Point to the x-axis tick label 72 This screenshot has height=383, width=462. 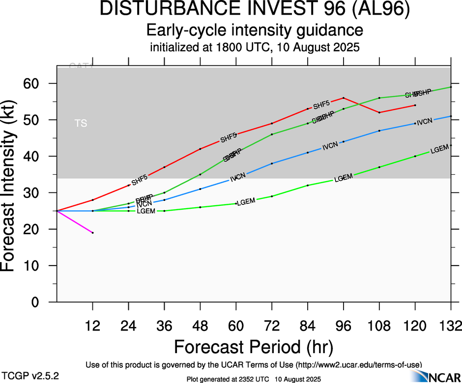pyautogui.click(x=272, y=326)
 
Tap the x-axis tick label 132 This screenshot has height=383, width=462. pyautogui.click(x=449, y=326)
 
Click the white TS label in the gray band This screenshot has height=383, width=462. pyautogui.click(x=81, y=123)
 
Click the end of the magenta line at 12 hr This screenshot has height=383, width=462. pyautogui.click(x=92, y=233)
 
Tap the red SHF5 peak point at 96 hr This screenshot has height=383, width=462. pyautogui.click(x=344, y=98)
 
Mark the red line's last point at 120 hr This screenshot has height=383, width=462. pyautogui.click(x=415, y=105)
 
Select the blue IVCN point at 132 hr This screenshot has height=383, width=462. pyautogui.click(x=451, y=116)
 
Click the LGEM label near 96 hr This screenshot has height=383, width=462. pyautogui.click(x=344, y=178)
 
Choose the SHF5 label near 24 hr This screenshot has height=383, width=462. pyautogui.click(x=140, y=180)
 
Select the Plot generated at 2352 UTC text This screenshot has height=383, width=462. pyautogui.click(x=254, y=379)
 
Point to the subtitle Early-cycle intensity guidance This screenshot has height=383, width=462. pyautogui.click(x=255, y=30)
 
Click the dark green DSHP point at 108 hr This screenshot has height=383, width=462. pyautogui.click(x=379, y=98)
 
